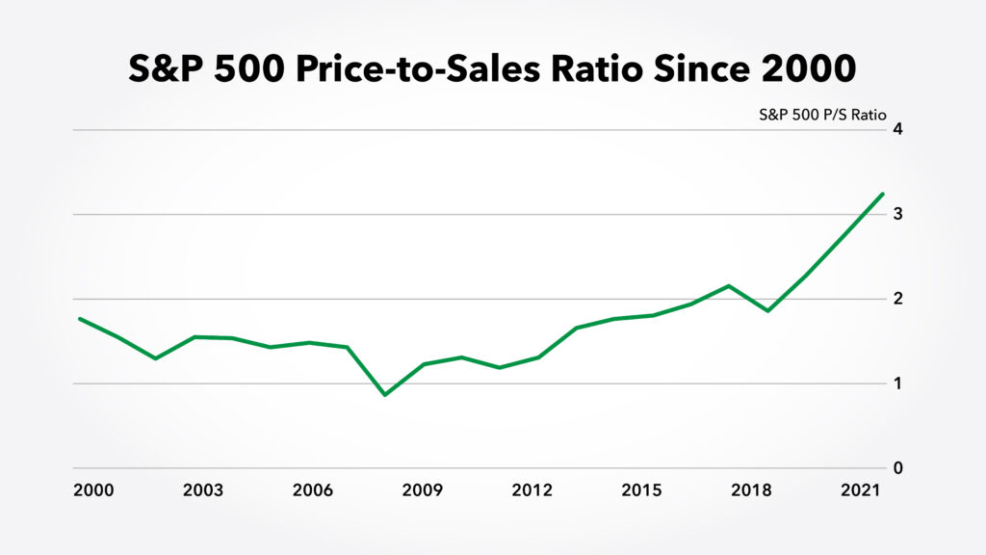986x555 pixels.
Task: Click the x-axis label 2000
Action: coord(93,490)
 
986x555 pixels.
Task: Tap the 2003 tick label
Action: coord(202,490)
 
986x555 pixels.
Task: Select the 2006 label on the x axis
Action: coord(312,490)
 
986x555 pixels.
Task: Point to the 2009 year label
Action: coord(422,490)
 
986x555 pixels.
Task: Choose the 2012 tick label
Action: coord(532,490)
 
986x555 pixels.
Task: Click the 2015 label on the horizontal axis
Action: coord(641,490)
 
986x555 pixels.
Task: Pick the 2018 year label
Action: coord(751,490)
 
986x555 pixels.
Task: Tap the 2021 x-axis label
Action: coord(861,490)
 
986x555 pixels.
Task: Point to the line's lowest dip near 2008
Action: coord(385,395)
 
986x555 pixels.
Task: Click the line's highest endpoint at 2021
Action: coord(882,194)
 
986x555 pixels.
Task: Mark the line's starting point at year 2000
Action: coord(79,318)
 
